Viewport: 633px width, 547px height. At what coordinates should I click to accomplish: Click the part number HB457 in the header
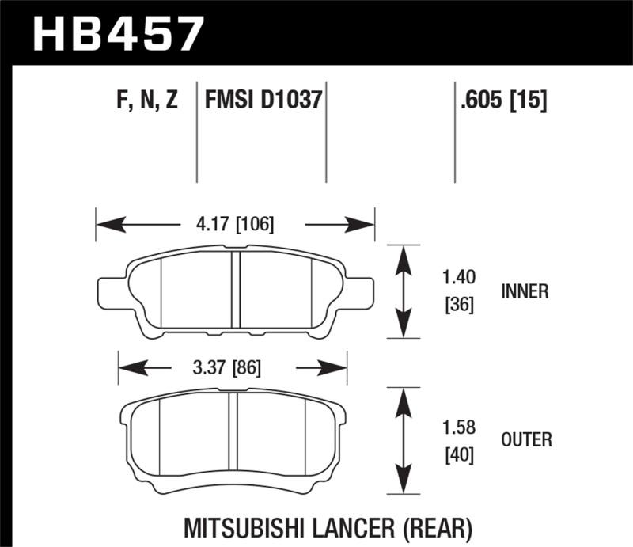point(117,34)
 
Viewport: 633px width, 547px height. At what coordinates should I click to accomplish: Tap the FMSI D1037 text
point(263,101)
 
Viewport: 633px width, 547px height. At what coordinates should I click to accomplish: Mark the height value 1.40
point(457,278)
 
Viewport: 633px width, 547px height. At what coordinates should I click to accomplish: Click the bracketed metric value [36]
point(457,304)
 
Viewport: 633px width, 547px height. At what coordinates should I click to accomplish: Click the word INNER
point(525,291)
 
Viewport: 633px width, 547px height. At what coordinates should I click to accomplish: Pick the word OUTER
point(526,439)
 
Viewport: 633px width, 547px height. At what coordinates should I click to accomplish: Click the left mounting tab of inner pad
point(108,291)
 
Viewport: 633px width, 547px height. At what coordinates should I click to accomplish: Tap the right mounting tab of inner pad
point(360,291)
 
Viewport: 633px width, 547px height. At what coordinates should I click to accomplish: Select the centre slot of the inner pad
point(234,290)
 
